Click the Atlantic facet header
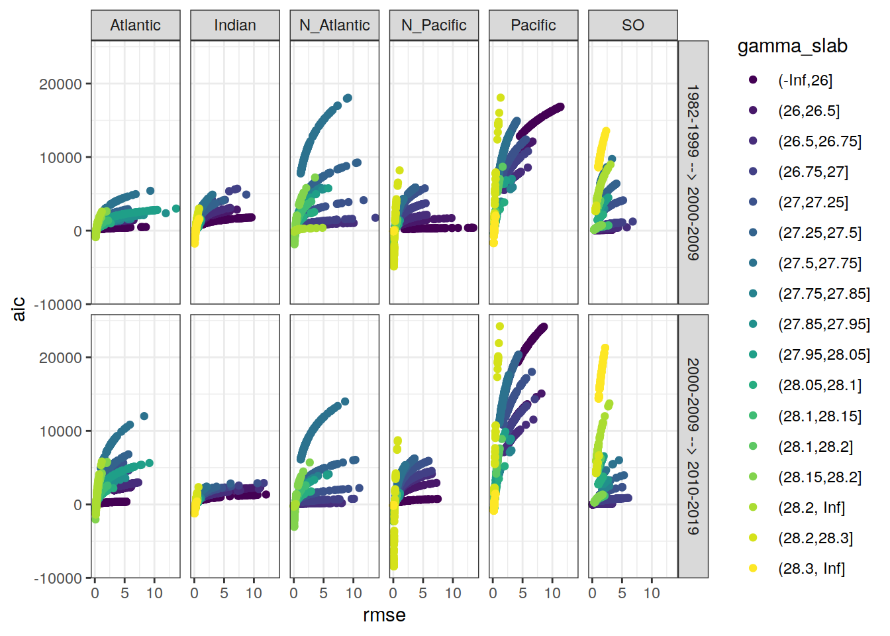tap(135, 25)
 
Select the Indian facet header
tap(235, 25)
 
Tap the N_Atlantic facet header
tap(334, 25)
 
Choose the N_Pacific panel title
tap(434, 25)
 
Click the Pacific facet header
tap(533, 25)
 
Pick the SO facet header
tap(632, 25)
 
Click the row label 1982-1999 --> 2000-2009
tap(693, 172)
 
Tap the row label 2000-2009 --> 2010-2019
tap(693, 446)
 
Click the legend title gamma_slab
tap(792, 46)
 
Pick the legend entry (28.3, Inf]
tap(811, 568)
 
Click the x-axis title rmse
tap(384, 615)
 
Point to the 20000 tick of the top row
tap(60, 84)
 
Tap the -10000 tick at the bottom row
tap(58, 578)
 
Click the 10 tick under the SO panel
tap(652, 593)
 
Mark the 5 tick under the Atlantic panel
tap(124, 593)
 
